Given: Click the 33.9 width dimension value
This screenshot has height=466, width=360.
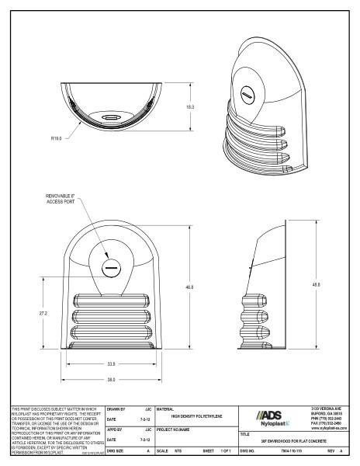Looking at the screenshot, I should tap(111, 363).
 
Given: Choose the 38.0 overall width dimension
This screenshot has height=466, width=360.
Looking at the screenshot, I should tap(111, 378).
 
